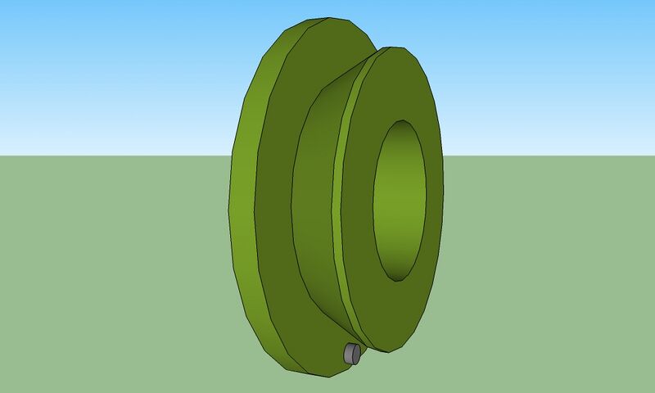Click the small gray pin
coord(351,354)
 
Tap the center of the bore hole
coord(400,200)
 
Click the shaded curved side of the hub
coord(315,205)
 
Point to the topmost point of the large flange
coord(327,17)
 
